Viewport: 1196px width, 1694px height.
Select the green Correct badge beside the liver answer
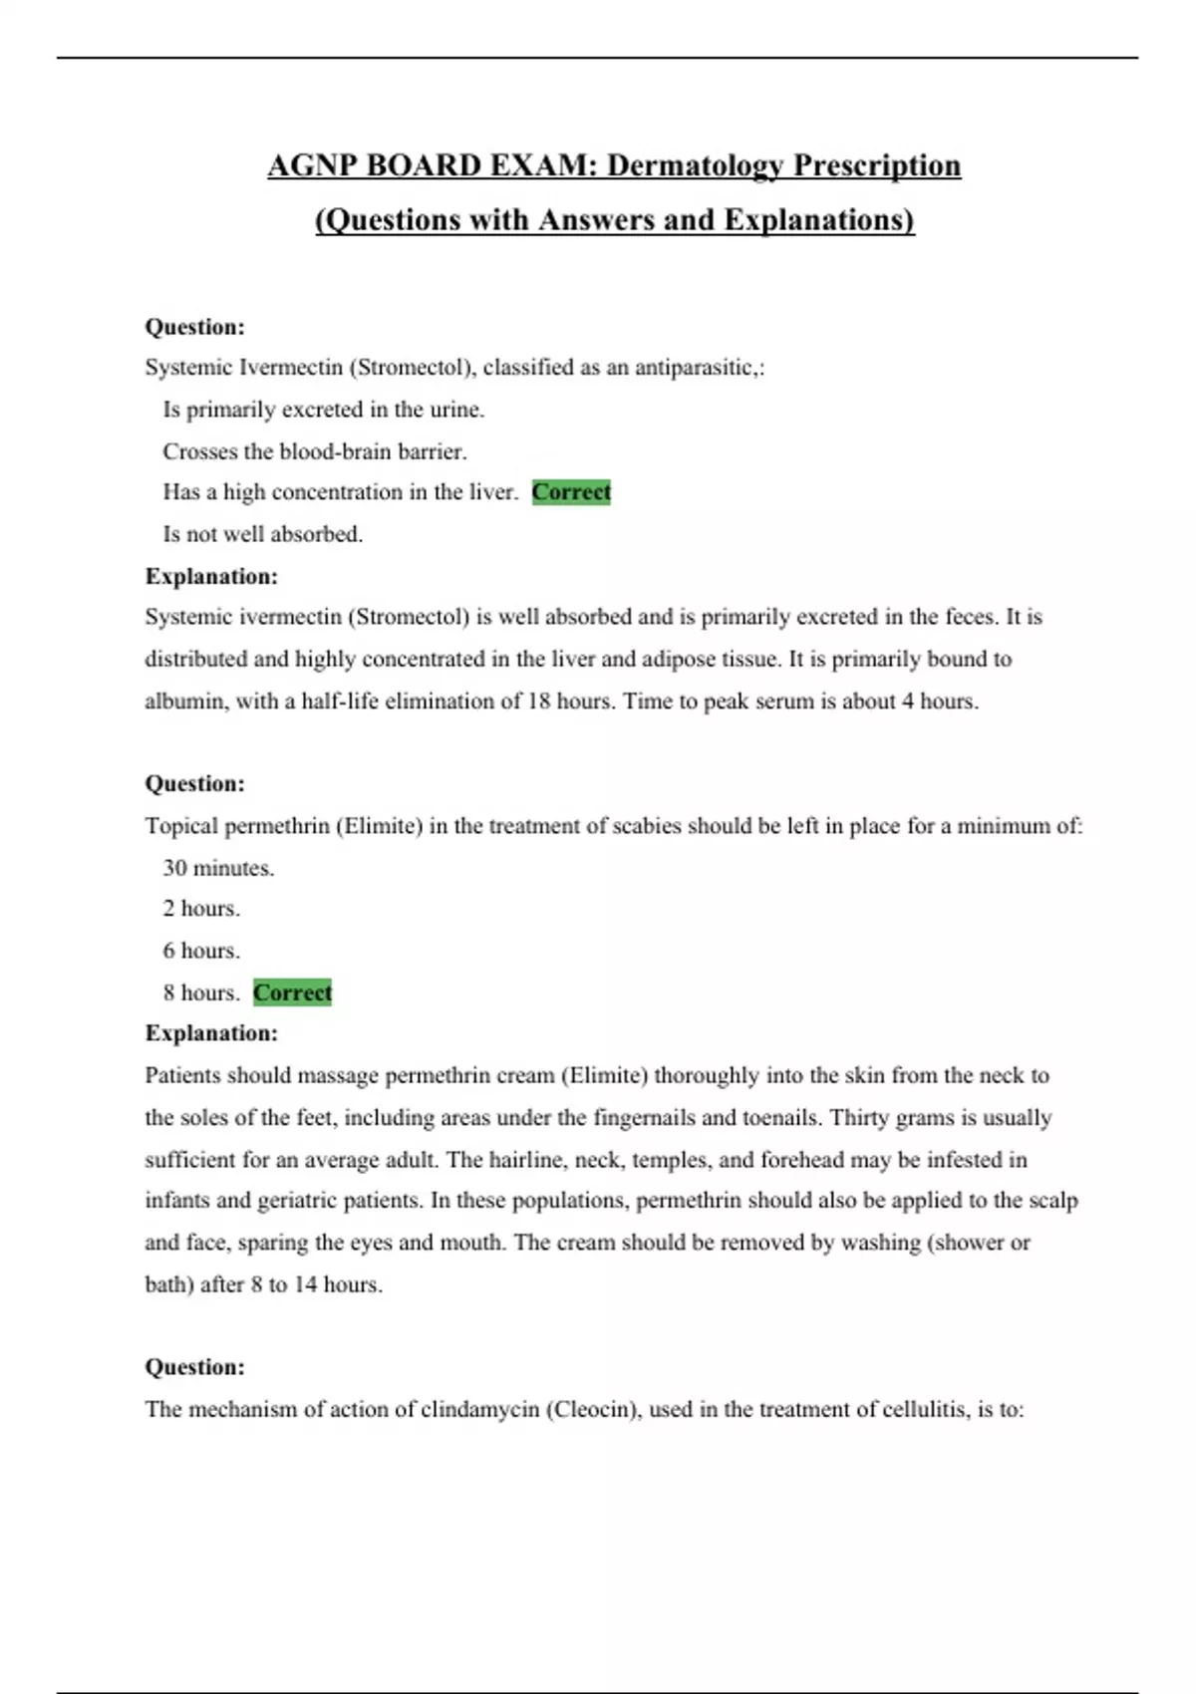[x=571, y=492]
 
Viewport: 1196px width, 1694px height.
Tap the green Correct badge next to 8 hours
[x=292, y=992]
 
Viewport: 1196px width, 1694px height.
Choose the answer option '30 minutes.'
[x=218, y=868]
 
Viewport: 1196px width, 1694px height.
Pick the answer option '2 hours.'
[x=201, y=909]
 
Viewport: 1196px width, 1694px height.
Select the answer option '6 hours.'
[x=201, y=951]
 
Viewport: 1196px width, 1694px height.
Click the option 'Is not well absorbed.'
[x=263, y=534]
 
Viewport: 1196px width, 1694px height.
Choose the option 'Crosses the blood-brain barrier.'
[x=315, y=451]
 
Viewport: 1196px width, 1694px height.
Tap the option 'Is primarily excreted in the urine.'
[x=324, y=410]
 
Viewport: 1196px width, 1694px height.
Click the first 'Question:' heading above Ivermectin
[x=195, y=327]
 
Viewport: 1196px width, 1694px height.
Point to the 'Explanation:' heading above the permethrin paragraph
[x=211, y=1033]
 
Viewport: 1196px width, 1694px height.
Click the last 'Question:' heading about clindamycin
[x=195, y=1367]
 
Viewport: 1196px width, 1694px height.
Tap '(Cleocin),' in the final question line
[x=594, y=1409]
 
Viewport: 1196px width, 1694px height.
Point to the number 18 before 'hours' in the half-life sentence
[x=538, y=702]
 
